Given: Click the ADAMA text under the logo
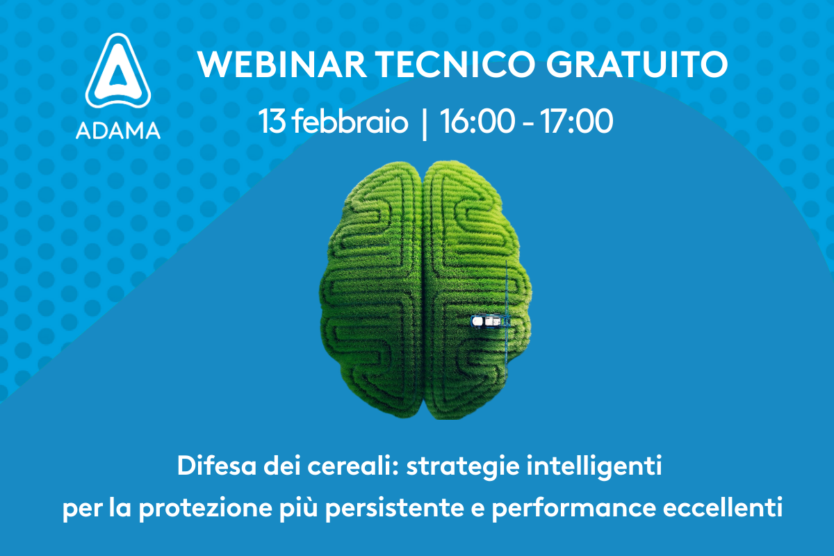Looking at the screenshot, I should [118, 130].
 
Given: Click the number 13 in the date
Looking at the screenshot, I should [272, 122].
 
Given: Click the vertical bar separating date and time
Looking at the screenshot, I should [424, 123].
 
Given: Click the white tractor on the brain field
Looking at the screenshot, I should [486, 320].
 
